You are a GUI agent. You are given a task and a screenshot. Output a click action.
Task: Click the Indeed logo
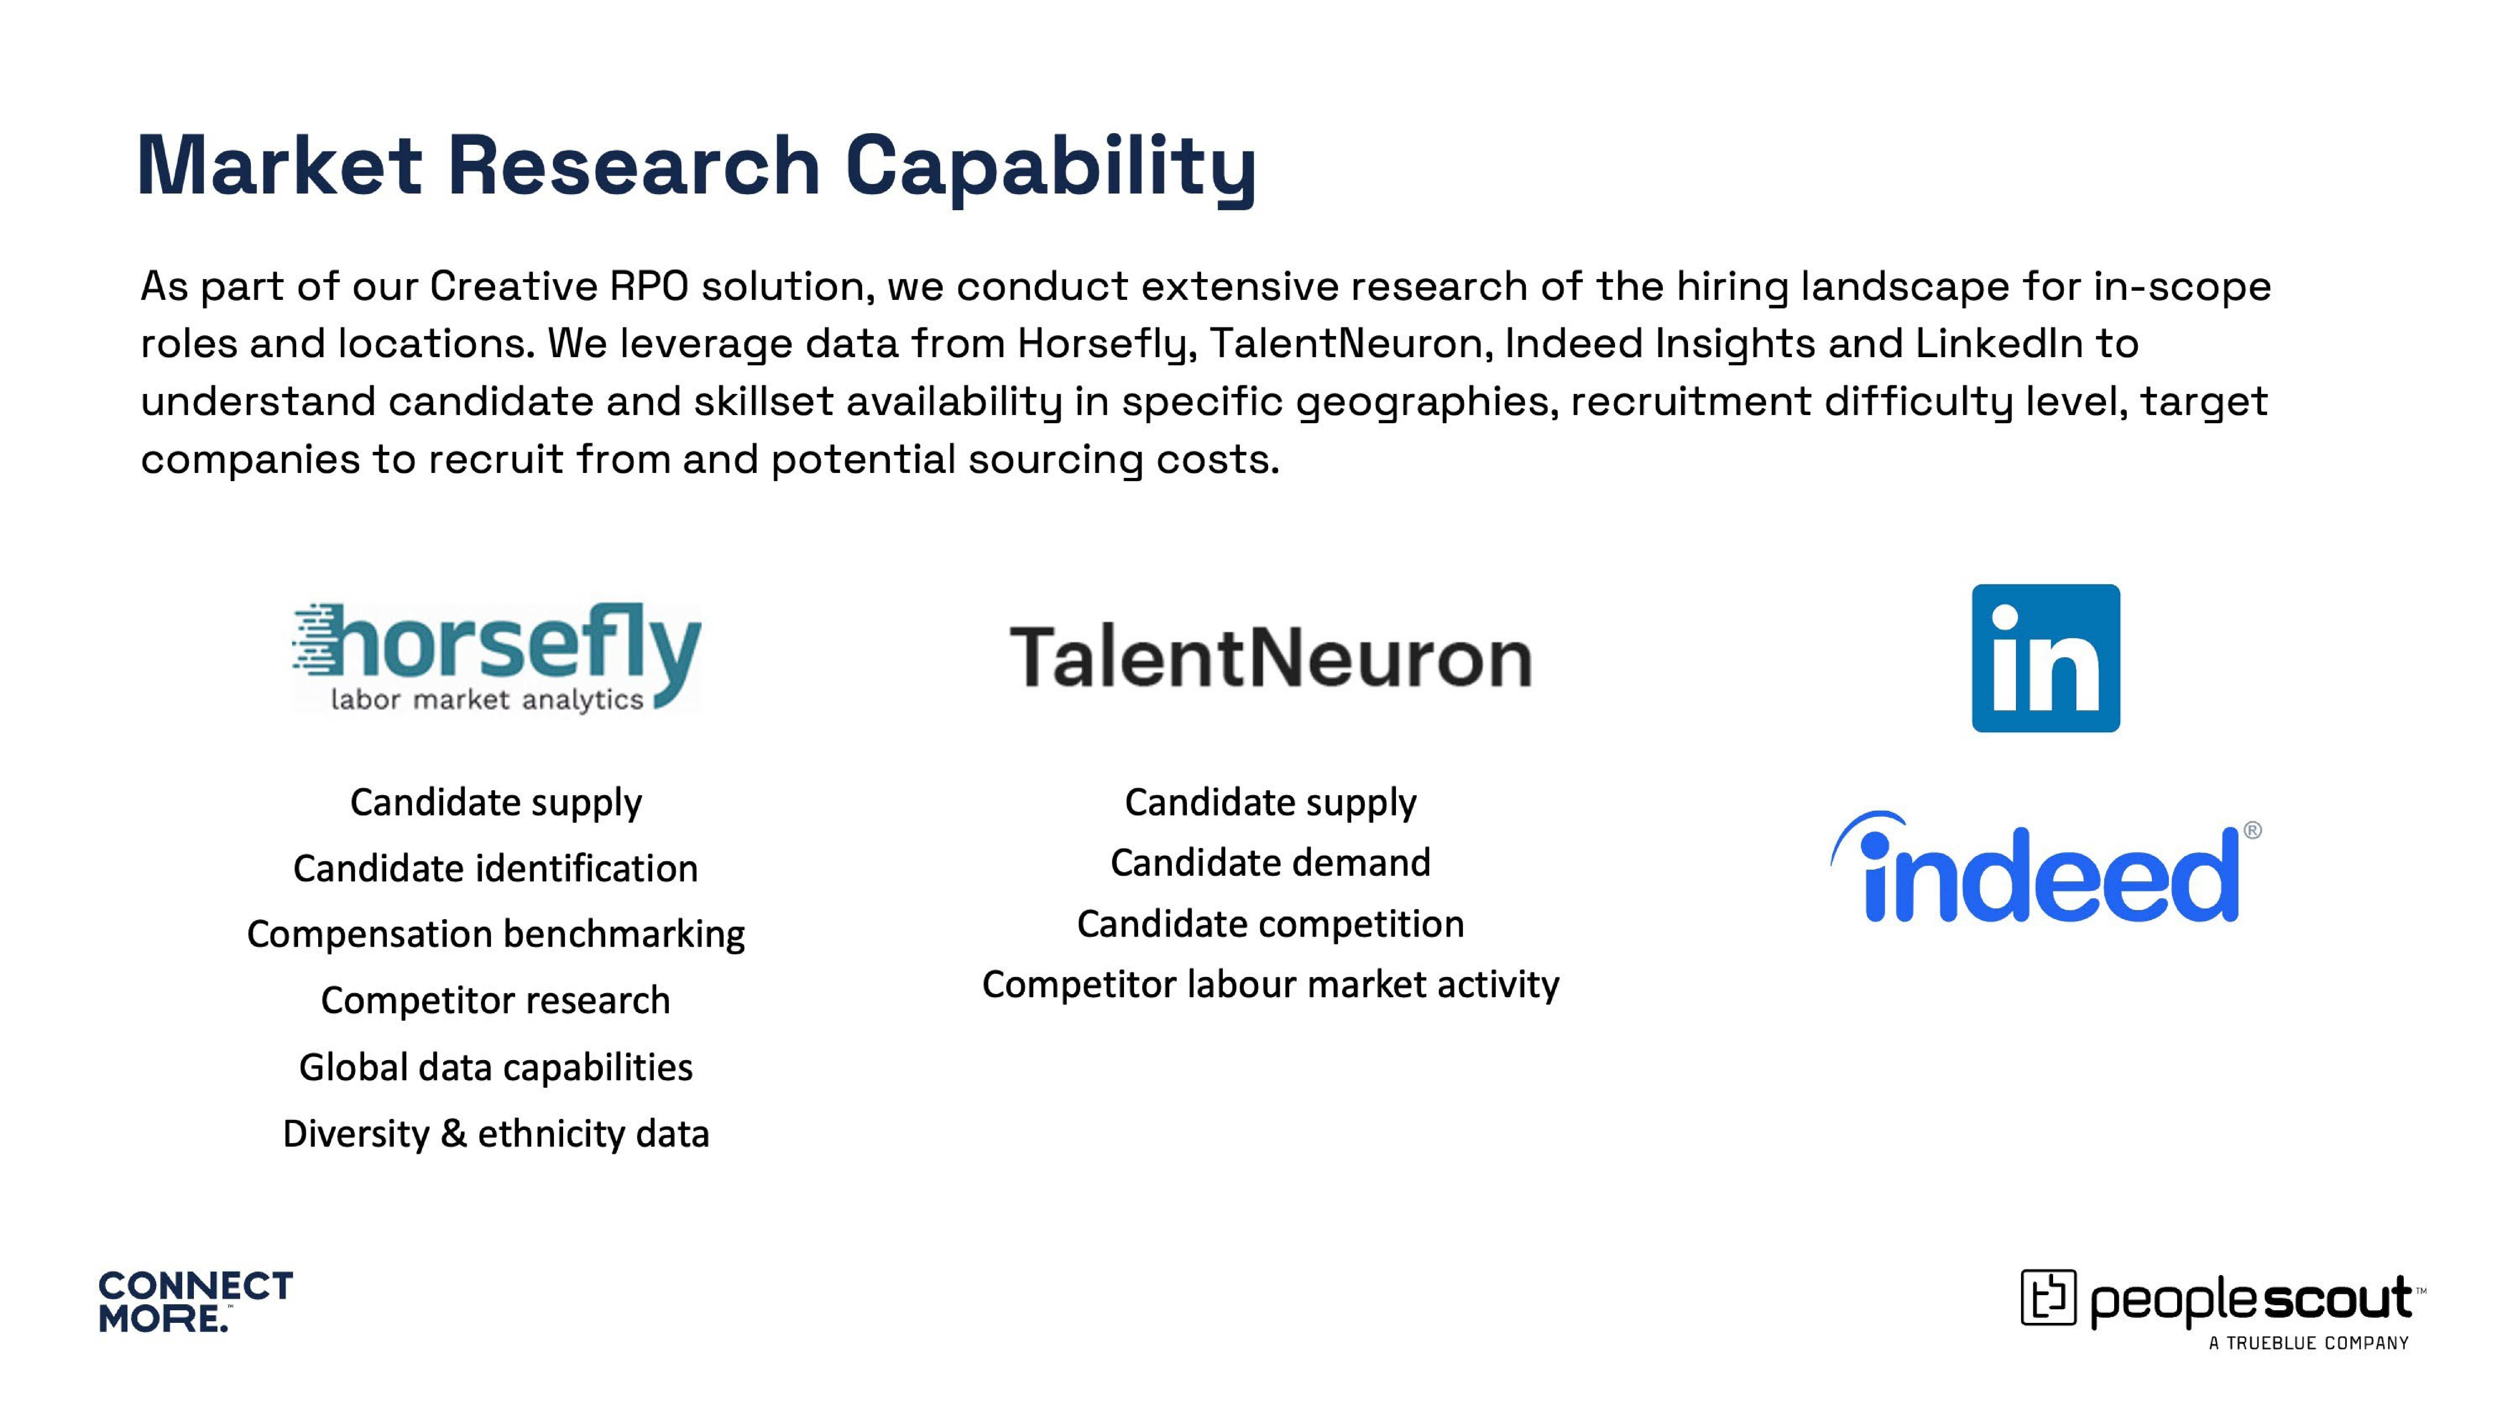click(x=2045, y=868)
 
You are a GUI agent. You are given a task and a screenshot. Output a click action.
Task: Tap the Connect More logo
click(x=195, y=1302)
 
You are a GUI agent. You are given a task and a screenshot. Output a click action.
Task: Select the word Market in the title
click(x=280, y=166)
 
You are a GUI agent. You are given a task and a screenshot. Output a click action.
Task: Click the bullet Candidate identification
click(x=496, y=868)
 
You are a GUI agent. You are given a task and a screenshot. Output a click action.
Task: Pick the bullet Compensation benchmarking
click(x=496, y=934)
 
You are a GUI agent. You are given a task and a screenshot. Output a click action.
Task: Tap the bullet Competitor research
click(x=496, y=1001)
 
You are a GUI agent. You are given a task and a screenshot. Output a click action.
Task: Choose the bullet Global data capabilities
click(x=496, y=1067)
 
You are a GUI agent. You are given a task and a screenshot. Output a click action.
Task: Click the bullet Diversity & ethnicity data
click(x=496, y=1133)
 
